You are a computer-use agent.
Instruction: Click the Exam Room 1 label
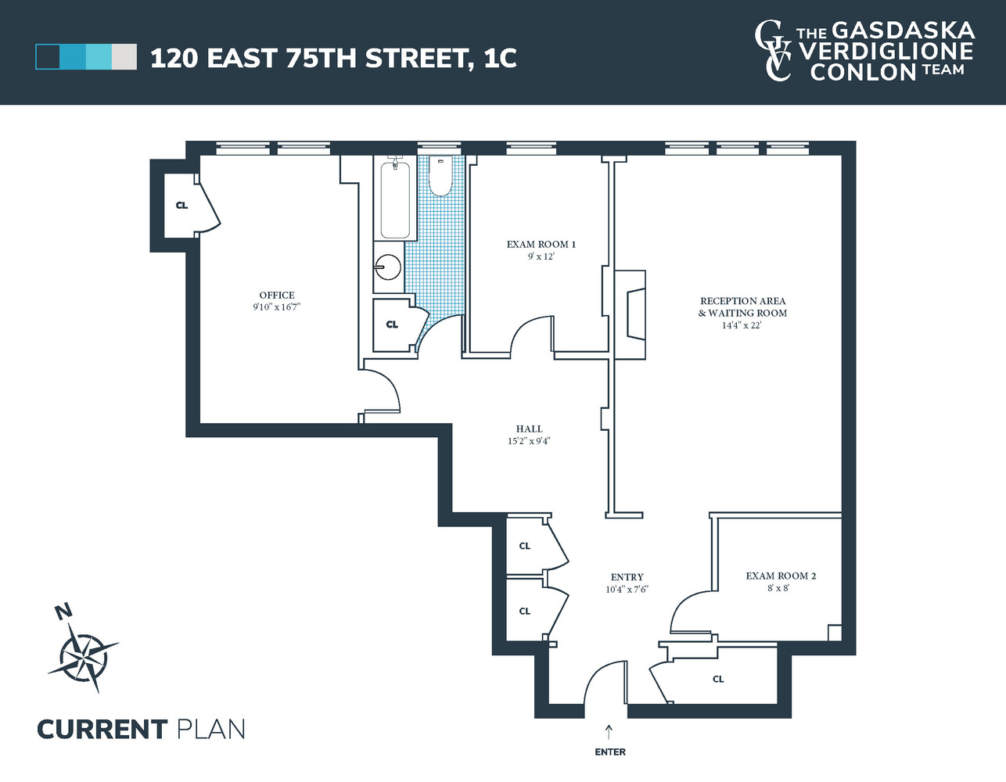[541, 244]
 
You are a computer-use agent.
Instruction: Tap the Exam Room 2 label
[780, 576]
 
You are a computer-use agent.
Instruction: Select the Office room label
[277, 295]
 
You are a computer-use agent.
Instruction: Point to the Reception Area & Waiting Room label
[742, 307]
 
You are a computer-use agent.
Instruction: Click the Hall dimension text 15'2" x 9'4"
[529, 441]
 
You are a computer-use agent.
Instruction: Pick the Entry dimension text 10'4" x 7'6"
[627, 590]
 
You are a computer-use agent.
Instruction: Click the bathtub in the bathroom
[395, 199]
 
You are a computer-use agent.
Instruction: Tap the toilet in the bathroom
[440, 178]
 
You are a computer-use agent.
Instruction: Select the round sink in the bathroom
[387, 267]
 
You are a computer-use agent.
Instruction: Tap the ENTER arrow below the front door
[609, 731]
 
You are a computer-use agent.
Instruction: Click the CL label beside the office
[181, 206]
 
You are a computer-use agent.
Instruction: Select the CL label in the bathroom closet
[392, 325]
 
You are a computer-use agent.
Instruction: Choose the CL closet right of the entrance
[718, 679]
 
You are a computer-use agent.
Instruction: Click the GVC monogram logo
[772, 51]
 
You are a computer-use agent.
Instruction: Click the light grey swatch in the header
[124, 57]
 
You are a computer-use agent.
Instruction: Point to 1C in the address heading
[500, 59]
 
